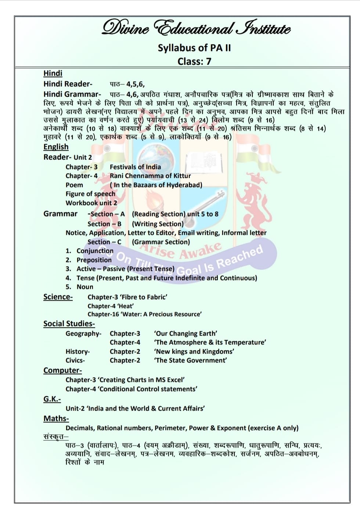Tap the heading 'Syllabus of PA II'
point(194,48)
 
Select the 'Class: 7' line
point(194,61)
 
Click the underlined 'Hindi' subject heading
point(53,73)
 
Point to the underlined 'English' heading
point(56,147)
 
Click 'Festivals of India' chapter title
point(135,167)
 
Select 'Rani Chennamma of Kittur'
point(150,176)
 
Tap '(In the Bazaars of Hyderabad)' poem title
point(156,185)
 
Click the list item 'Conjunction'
point(95,251)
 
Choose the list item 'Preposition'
point(94,260)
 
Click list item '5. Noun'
point(84,287)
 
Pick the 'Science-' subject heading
point(58,297)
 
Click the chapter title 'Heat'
point(125,306)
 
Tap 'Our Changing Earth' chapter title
point(186,333)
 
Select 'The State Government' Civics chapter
point(190,360)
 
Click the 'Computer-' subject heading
point(62,370)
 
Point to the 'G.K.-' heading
point(52,399)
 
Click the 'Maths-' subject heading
point(56,418)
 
